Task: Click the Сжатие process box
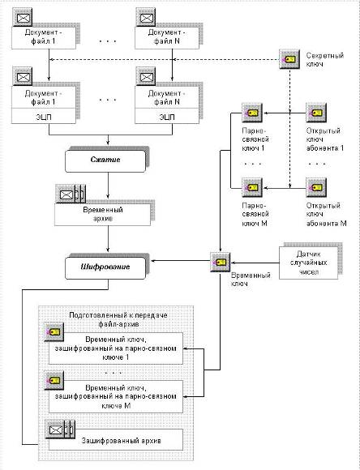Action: pyautogui.click(x=105, y=160)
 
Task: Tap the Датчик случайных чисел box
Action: pyautogui.click(x=308, y=263)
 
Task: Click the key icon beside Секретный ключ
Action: pyautogui.click(x=289, y=59)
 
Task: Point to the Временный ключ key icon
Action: pyautogui.click(x=221, y=263)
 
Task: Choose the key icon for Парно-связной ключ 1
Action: pyautogui.click(x=252, y=113)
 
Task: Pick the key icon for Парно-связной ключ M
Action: pyautogui.click(x=252, y=188)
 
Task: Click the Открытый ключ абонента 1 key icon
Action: pyautogui.click(x=316, y=113)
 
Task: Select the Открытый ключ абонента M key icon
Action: pyautogui.click(x=316, y=188)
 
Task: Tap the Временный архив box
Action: pyautogui.click(x=103, y=215)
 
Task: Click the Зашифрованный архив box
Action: pyautogui.click(x=116, y=439)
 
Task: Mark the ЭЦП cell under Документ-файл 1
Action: pyautogui.click(x=44, y=117)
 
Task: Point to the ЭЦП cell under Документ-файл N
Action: pyautogui.click(x=167, y=117)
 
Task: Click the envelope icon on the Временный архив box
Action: pyautogui.click(x=66, y=194)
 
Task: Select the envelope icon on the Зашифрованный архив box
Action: pyautogui.click(x=55, y=429)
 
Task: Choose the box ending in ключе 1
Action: pyautogui.click(x=116, y=348)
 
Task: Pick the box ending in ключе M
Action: pyautogui.click(x=116, y=397)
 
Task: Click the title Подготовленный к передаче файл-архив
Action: pyautogui.click(x=118, y=319)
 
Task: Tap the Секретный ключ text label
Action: pyautogui.click(x=325, y=60)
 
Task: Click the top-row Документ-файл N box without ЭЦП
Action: pyautogui.click(x=167, y=38)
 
